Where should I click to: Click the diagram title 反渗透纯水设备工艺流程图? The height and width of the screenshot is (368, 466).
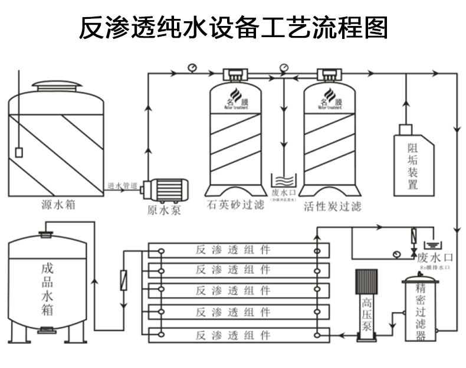(233, 27)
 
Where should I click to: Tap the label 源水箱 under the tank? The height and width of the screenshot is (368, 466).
(58, 205)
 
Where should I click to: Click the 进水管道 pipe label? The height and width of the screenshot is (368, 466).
(123, 186)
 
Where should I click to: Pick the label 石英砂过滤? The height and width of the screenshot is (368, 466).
(234, 206)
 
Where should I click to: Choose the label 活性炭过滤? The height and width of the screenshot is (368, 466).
(332, 206)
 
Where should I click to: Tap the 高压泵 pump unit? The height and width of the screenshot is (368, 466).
(366, 307)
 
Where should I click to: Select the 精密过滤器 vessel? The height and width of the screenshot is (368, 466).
(421, 310)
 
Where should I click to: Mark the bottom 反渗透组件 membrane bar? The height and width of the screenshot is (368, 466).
(238, 335)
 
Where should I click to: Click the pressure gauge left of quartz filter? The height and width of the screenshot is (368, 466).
(192, 67)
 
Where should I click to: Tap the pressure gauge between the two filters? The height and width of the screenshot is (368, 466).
(285, 67)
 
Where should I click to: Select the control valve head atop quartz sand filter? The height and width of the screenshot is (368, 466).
(235, 75)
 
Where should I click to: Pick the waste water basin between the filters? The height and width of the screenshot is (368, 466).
(284, 180)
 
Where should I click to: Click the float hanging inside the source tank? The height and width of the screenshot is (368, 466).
(19, 152)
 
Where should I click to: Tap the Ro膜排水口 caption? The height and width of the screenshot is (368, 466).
(435, 268)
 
